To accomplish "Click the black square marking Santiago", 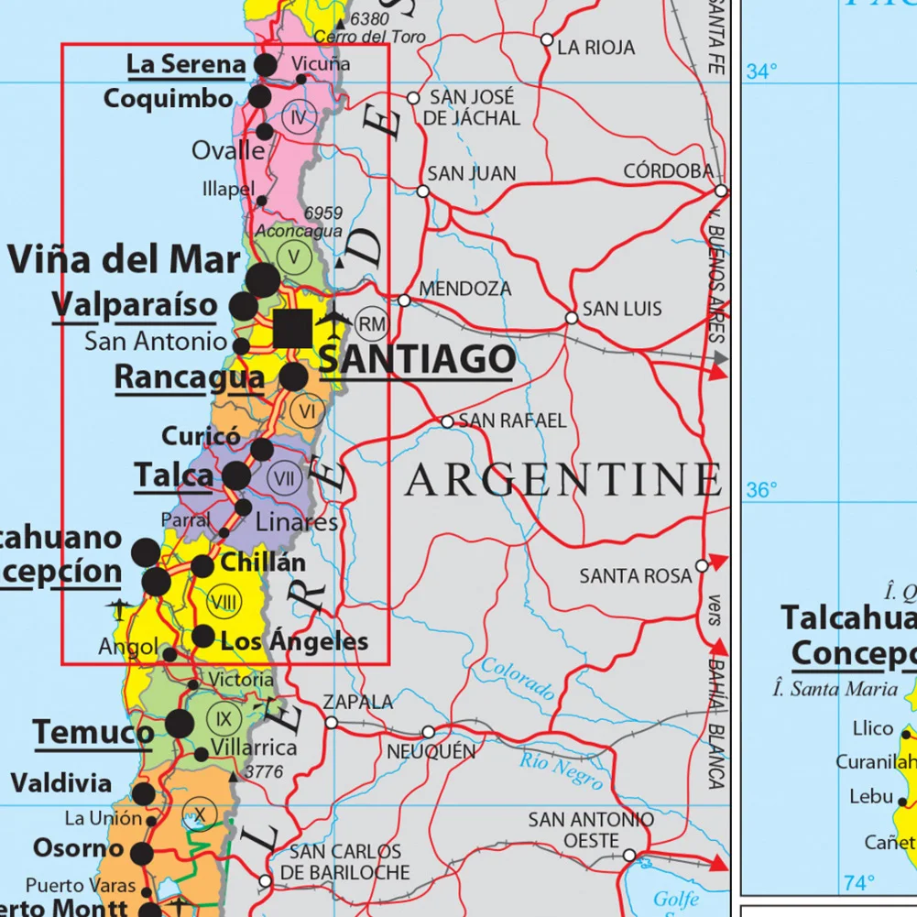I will (x=292, y=329).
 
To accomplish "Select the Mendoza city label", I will (x=464, y=289).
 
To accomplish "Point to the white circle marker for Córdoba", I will (x=722, y=191).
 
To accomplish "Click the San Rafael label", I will (x=512, y=421).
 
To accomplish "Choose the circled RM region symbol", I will (x=372, y=323).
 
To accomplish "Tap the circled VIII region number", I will (x=224, y=602).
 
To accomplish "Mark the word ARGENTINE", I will (x=562, y=480).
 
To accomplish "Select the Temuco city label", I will (x=93, y=733).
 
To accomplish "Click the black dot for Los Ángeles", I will (x=203, y=636).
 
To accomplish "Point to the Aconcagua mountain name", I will (x=299, y=232).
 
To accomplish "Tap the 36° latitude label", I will (x=760, y=491).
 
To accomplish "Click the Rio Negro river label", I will (x=561, y=770).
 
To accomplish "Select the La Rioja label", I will (x=595, y=47).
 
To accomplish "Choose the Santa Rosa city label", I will (x=635, y=576).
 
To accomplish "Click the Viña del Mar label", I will (x=124, y=259).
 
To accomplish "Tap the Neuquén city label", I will (x=431, y=752).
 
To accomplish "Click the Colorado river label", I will (x=518, y=679).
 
